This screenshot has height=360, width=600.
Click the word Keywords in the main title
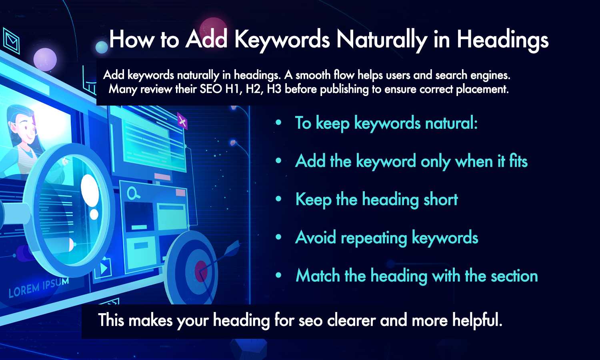(282, 40)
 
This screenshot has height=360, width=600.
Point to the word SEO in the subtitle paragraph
(210, 89)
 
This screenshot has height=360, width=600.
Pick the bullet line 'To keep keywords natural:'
(386, 123)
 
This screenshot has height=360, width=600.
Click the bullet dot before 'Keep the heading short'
(279, 199)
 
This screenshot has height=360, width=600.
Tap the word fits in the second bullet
(518, 161)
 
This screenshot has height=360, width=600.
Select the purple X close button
(182, 120)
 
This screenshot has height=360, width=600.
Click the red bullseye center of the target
(201, 271)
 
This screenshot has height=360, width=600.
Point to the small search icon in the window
(133, 194)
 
